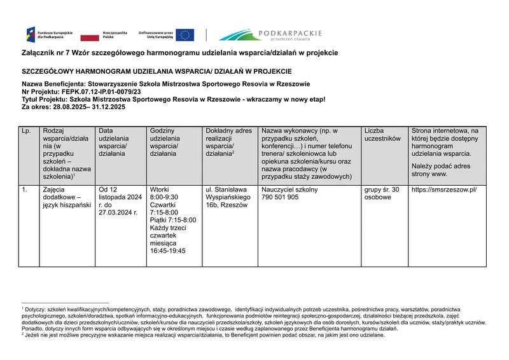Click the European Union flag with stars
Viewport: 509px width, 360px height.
[185, 35]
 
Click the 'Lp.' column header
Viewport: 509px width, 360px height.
[26, 131]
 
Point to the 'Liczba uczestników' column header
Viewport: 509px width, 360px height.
[382, 135]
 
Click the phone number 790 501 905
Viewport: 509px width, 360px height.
[280, 198]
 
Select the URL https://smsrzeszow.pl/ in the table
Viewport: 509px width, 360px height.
[443, 190]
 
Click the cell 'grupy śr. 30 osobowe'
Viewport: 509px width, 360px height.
[382, 193]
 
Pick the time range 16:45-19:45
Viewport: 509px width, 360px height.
[167, 251]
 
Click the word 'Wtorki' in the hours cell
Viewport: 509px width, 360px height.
[159, 190]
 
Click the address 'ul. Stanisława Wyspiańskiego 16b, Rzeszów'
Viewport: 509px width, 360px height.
[227, 197]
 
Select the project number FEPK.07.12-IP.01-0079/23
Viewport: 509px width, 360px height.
[100, 92]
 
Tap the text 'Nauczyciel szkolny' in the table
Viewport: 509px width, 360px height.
[289, 190]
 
